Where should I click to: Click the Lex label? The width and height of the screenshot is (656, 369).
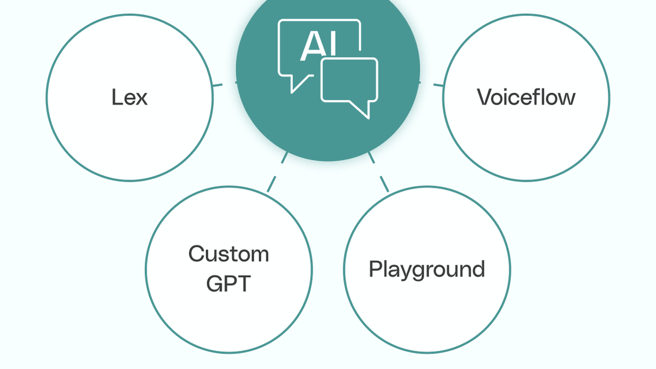[130, 97]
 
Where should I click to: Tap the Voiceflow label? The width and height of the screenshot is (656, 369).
[526, 97]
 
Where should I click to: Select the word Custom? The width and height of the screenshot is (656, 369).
[229, 254]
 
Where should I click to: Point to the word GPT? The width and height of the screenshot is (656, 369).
[229, 284]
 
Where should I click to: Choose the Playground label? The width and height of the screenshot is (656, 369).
[426, 269]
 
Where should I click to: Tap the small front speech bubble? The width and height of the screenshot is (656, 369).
[349, 80]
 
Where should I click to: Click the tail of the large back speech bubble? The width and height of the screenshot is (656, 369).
[298, 84]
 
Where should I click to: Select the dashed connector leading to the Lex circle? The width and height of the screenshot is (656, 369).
[217, 85]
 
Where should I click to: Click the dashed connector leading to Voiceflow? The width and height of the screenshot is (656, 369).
[438, 85]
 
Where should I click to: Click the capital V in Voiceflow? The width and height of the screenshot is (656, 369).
[484, 97]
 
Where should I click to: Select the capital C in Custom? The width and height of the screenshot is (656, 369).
[197, 254]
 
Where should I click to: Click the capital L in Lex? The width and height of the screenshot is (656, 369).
[116, 97]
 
